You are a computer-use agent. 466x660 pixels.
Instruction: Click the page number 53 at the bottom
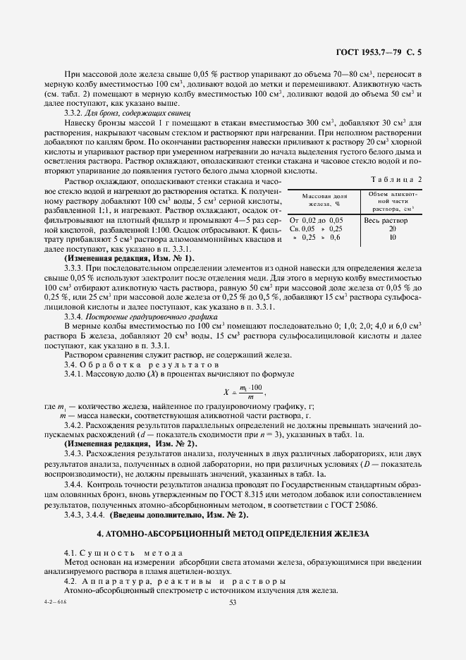(x=233, y=601)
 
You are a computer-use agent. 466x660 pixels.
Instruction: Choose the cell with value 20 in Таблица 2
(x=393, y=228)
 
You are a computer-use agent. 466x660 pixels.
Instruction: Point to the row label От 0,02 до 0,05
(x=317, y=220)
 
